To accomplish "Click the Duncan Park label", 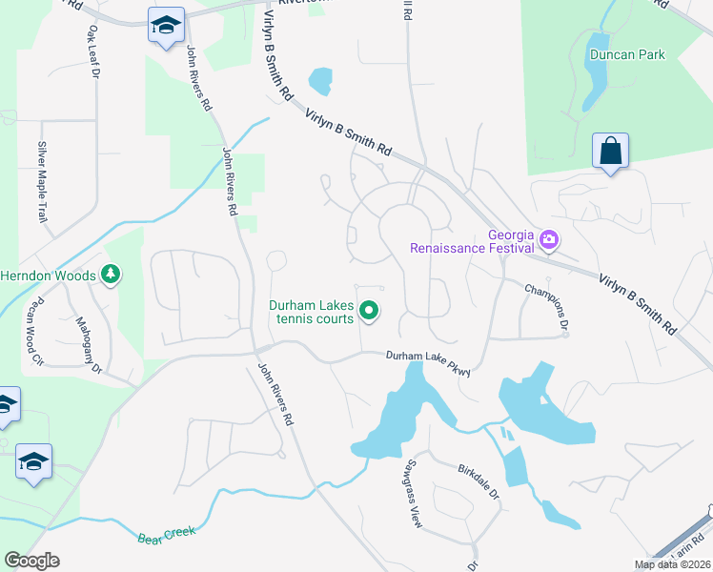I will pos(626,55).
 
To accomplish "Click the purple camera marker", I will pos(548,238).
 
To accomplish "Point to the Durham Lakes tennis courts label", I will pos(311,312).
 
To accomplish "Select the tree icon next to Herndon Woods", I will pos(111,276).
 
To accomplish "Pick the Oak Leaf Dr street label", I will pos(93,56).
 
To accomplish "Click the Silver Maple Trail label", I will pos(42,181).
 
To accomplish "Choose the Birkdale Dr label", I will pos(479,482).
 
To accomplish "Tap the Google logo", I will pos(31,561).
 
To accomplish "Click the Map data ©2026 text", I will pos(671,564).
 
